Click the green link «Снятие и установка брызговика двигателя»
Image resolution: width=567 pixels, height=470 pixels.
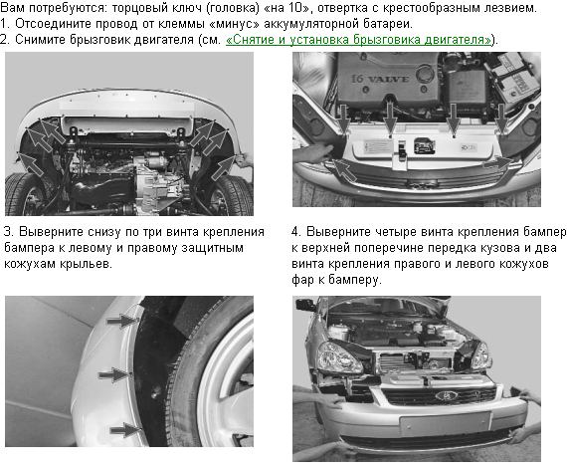tap(358, 40)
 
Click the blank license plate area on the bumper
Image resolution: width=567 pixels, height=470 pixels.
tap(445, 423)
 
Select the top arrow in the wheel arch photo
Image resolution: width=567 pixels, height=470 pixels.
tap(122, 320)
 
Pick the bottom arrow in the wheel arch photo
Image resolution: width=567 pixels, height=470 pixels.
tap(124, 430)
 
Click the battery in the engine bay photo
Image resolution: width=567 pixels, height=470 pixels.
tap(512, 75)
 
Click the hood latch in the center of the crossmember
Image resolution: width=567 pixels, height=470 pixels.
tap(402, 154)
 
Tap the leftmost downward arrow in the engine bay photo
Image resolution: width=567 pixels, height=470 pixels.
tap(343, 117)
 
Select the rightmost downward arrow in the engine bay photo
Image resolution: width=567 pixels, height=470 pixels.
tap(502, 117)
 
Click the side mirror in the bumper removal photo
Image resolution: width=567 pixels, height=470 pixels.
tap(303, 305)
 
